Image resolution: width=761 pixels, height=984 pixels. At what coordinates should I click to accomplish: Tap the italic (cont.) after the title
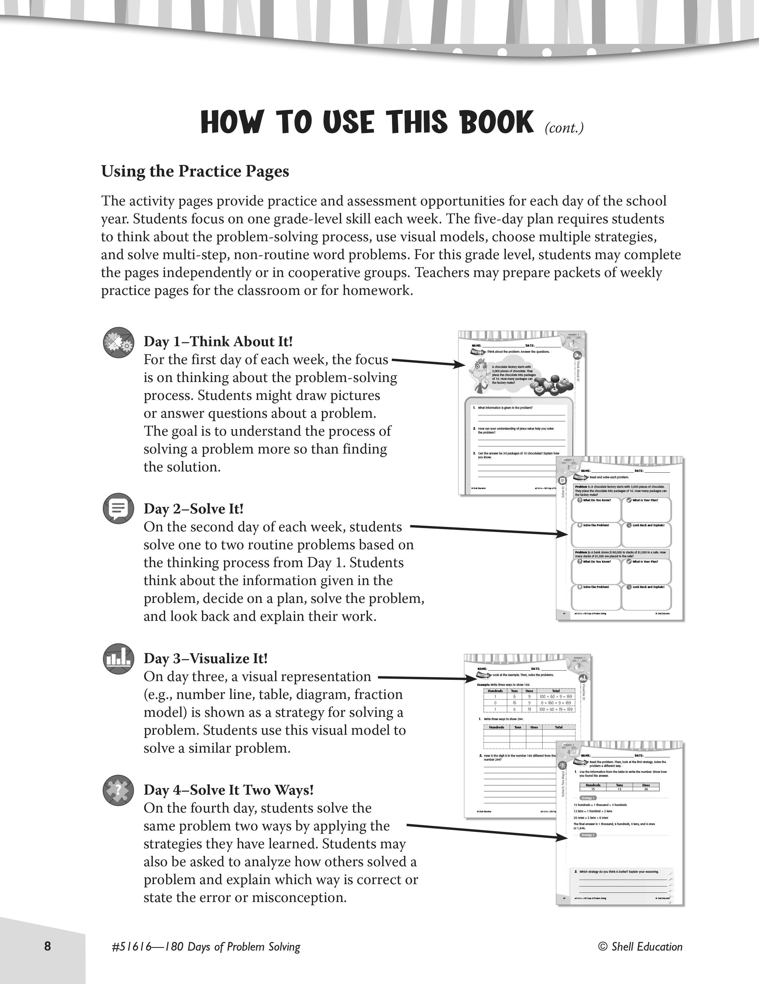click(564, 128)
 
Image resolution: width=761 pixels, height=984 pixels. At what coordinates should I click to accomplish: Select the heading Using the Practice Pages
click(195, 171)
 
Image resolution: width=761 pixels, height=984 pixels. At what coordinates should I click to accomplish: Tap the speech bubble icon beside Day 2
click(118, 508)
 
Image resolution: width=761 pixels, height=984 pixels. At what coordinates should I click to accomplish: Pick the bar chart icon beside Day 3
click(118, 658)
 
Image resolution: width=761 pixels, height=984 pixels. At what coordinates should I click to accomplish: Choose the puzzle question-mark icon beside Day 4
click(118, 790)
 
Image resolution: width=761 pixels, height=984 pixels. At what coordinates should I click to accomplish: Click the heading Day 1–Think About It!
click(218, 341)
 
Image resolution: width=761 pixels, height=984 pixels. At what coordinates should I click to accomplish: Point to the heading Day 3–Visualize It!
click(206, 658)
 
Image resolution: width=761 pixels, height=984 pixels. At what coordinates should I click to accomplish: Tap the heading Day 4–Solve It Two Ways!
click(229, 790)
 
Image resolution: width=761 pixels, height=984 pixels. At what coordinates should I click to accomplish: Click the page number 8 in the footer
click(48, 946)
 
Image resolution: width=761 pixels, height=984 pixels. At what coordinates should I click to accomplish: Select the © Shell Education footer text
click(640, 947)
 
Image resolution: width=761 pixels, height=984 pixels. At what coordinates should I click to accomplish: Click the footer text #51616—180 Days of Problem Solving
click(206, 947)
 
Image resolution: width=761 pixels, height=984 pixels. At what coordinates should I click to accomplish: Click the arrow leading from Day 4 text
click(487, 832)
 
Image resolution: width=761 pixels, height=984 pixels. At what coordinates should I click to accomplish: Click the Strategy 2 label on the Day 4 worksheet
click(587, 835)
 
